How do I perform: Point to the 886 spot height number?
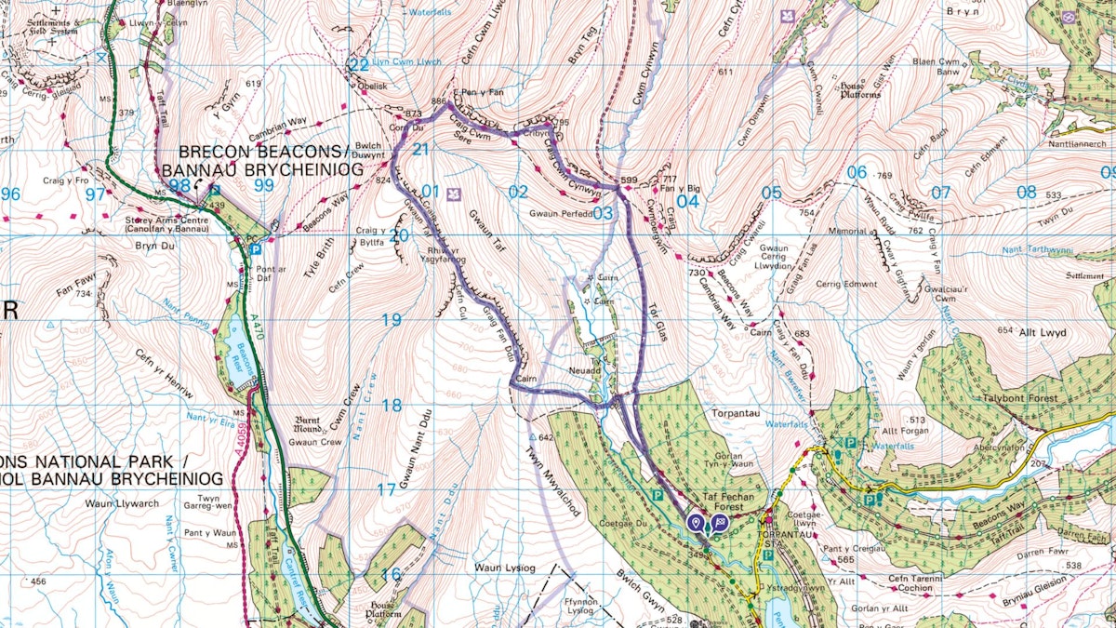(x=439, y=101)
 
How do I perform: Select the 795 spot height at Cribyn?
(x=559, y=123)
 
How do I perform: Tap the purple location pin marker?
(x=697, y=522)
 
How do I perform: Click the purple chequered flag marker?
(x=720, y=522)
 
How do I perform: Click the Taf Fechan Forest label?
(x=731, y=498)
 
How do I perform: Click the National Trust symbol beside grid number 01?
(x=455, y=194)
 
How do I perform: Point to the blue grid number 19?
(x=391, y=320)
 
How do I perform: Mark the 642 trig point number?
(x=546, y=436)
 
